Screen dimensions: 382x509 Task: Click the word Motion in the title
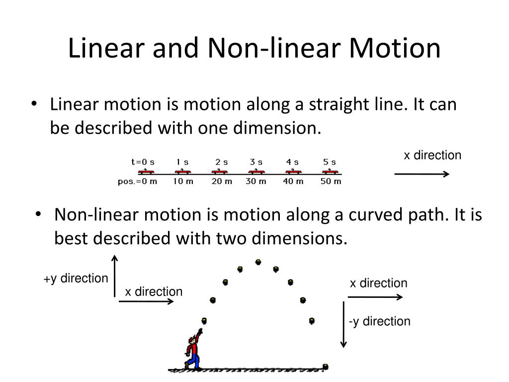[396, 49]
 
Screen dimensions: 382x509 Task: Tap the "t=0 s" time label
[143, 162]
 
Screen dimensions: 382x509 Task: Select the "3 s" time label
[256, 162]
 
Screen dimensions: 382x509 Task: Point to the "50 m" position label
[331, 181]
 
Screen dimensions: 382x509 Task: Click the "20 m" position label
[222, 181]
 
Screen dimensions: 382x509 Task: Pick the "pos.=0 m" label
[137, 181]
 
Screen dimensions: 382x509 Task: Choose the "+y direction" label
[76, 278]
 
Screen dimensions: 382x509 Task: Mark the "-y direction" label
[380, 321]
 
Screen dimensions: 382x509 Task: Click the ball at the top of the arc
[258, 262]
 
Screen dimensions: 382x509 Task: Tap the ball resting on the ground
[326, 367]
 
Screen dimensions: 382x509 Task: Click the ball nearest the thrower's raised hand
[203, 320]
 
